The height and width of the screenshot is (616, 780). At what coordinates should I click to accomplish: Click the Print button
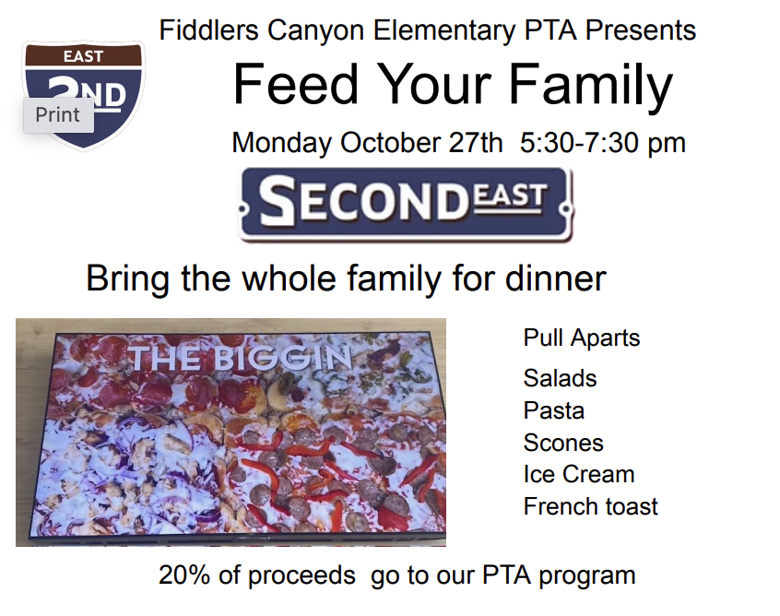click(x=58, y=115)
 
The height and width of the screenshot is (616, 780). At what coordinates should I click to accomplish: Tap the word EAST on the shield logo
click(x=83, y=56)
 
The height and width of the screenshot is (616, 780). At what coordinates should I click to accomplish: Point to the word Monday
click(x=281, y=143)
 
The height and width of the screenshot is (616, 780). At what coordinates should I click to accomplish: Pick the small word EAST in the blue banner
click(x=509, y=195)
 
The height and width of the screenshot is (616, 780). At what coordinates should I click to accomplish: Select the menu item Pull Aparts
click(x=582, y=338)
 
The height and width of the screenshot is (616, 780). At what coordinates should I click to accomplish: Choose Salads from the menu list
click(x=561, y=378)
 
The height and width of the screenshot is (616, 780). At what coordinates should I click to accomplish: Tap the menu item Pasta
click(x=554, y=410)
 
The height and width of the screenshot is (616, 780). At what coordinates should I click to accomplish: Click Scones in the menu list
click(x=563, y=443)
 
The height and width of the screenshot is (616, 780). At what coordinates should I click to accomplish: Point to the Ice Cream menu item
click(x=579, y=474)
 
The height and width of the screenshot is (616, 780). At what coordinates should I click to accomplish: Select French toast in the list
click(x=590, y=506)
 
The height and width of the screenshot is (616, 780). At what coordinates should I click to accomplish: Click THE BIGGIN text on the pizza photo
click(x=240, y=358)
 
